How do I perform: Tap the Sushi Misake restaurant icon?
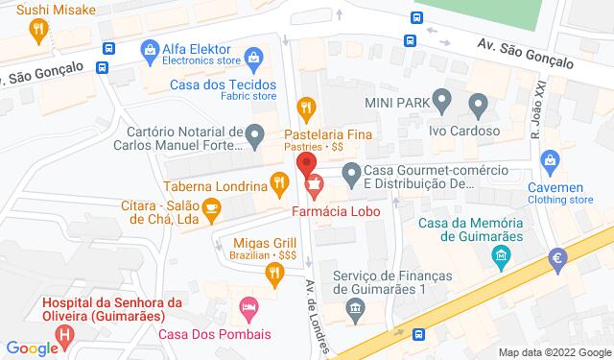(x=37, y=30)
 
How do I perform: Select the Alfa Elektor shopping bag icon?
(x=150, y=48)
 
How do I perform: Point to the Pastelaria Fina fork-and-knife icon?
(x=307, y=106)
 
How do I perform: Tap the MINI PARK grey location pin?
(x=442, y=98)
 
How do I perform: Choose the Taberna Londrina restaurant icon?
(x=279, y=180)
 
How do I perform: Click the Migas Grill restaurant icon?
(x=274, y=275)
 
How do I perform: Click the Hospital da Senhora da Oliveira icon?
(x=64, y=335)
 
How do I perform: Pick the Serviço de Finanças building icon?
(x=356, y=309)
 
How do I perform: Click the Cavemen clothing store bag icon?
(x=550, y=157)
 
